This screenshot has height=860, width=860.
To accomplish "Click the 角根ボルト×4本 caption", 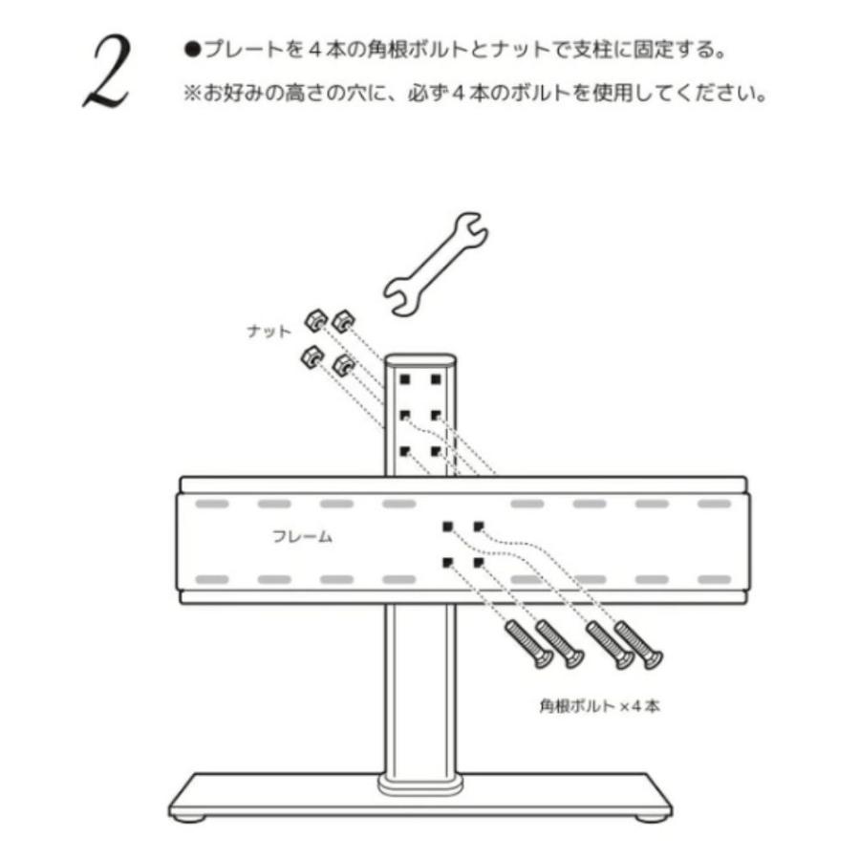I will tap(599, 708).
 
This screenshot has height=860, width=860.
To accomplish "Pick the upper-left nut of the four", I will tap(314, 319).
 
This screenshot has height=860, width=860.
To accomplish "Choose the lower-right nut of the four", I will tap(341, 364).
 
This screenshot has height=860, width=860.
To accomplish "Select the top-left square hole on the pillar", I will tap(405, 380).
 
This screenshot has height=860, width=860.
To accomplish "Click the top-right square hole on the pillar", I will tap(436, 380).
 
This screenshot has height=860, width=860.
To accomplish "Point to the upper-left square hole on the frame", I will tap(446, 527).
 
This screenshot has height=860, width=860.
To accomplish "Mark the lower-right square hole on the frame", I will tap(479, 563).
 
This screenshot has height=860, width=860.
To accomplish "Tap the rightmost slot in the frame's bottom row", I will tap(713, 579).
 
